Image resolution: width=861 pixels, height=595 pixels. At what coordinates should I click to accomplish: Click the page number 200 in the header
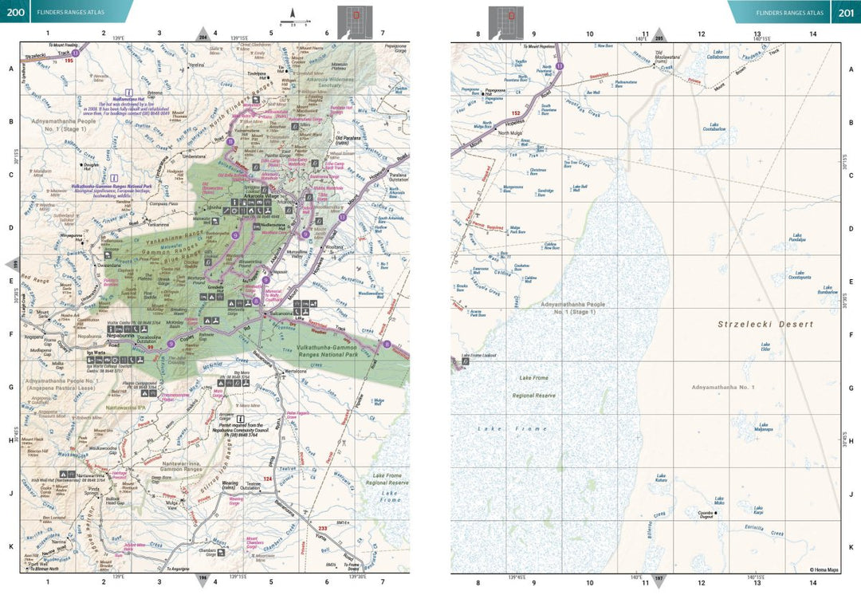coord(15,11)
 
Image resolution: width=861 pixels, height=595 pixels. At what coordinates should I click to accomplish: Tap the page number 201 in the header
coord(845,11)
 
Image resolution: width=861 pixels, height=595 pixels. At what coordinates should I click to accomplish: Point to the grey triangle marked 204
coord(202,35)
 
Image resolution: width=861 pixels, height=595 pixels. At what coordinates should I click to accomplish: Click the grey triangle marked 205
coord(659,35)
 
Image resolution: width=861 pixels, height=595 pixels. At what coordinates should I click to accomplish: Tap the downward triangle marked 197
coord(659,579)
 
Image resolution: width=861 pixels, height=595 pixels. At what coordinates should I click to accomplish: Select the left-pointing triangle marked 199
coord(11,264)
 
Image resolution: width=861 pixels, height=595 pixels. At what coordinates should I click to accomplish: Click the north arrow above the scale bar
coord(293,13)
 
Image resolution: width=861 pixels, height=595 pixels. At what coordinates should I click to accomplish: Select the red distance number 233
coord(323,528)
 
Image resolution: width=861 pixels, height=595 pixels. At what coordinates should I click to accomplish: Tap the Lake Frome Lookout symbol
coord(464,361)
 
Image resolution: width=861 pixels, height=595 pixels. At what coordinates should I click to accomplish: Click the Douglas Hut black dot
coord(85,166)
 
